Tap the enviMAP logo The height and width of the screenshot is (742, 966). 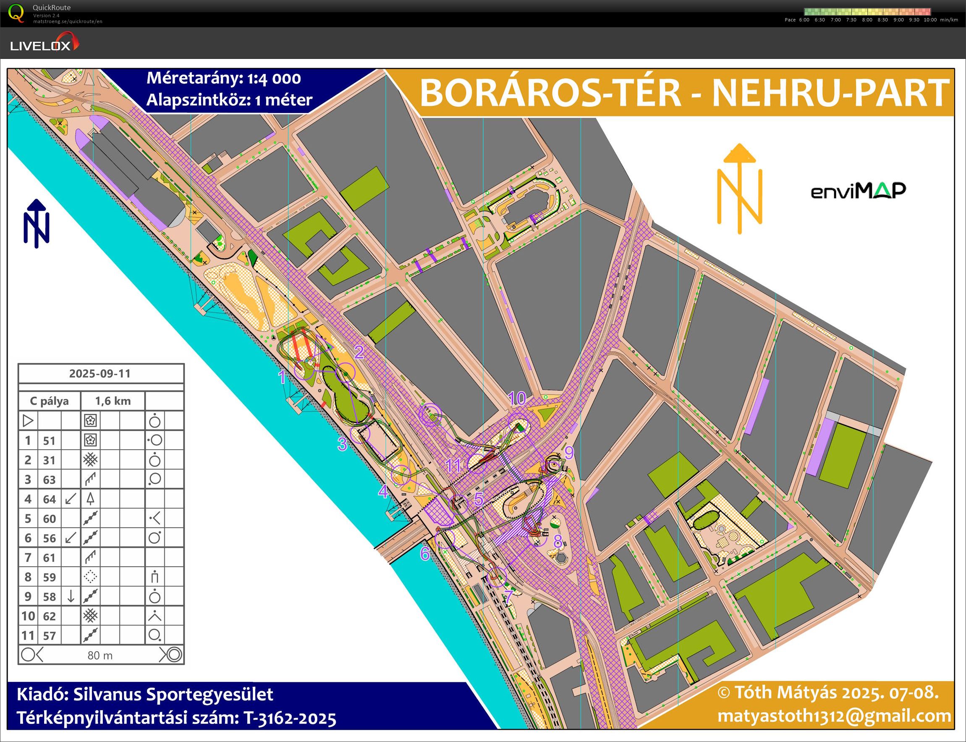coord(858,191)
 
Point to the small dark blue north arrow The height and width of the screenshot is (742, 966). coord(36,223)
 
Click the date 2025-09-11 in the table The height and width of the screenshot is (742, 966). coord(100,374)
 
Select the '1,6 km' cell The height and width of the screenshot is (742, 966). coord(113,401)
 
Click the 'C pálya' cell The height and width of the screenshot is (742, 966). coord(50,401)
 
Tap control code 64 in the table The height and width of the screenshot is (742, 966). coord(50,499)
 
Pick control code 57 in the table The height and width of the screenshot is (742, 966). coord(50,636)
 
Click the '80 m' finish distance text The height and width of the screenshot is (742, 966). coord(100,655)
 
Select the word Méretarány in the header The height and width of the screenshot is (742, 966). coord(194,78)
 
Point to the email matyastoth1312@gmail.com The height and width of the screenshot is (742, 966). coord(834,716)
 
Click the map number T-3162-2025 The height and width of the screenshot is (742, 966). coord(290,718)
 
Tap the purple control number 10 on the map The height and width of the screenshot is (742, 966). coord(517,399)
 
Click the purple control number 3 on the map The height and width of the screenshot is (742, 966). coord(342,444)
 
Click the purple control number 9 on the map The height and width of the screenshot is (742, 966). coord(569,453)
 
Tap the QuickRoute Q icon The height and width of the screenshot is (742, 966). coord(16,13)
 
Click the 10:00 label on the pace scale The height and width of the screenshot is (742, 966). coord(930,20)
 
